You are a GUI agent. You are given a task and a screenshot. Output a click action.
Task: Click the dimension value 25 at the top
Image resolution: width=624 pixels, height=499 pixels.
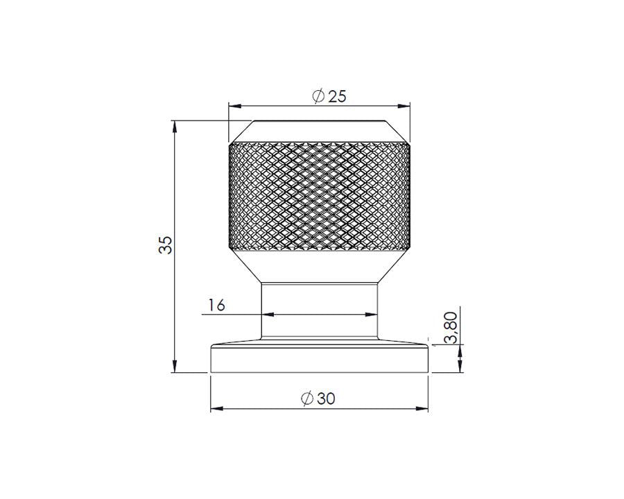pyautogui.click(x=337, y=96)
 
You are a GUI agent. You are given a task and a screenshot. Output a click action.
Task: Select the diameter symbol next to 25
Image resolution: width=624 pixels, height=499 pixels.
pyautogui.click(x=318, y=96)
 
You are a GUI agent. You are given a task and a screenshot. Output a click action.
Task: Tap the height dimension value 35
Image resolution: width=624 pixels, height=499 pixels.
pyautogui.click(x=165, y=245)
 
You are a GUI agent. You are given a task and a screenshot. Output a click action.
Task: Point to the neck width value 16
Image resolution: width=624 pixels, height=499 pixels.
pyautogui.click(x=217, y=305)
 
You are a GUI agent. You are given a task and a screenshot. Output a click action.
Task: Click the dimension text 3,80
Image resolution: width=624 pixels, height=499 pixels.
pyautogui.click(x=451, y=328)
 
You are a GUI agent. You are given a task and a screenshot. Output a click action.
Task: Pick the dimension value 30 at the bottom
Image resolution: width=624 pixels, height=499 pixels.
pyautogui.click(x=326, y=399)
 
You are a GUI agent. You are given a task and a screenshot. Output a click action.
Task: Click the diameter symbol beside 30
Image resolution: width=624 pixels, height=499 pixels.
pyautogui.click(x=307, y=399)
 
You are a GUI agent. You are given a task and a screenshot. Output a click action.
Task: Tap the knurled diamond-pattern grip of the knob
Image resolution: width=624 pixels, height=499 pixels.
pyautogui.click(x=319, y=197)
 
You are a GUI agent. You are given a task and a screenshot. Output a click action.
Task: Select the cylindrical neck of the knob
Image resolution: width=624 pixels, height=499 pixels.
pyautogui.click(x=319, y=311)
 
